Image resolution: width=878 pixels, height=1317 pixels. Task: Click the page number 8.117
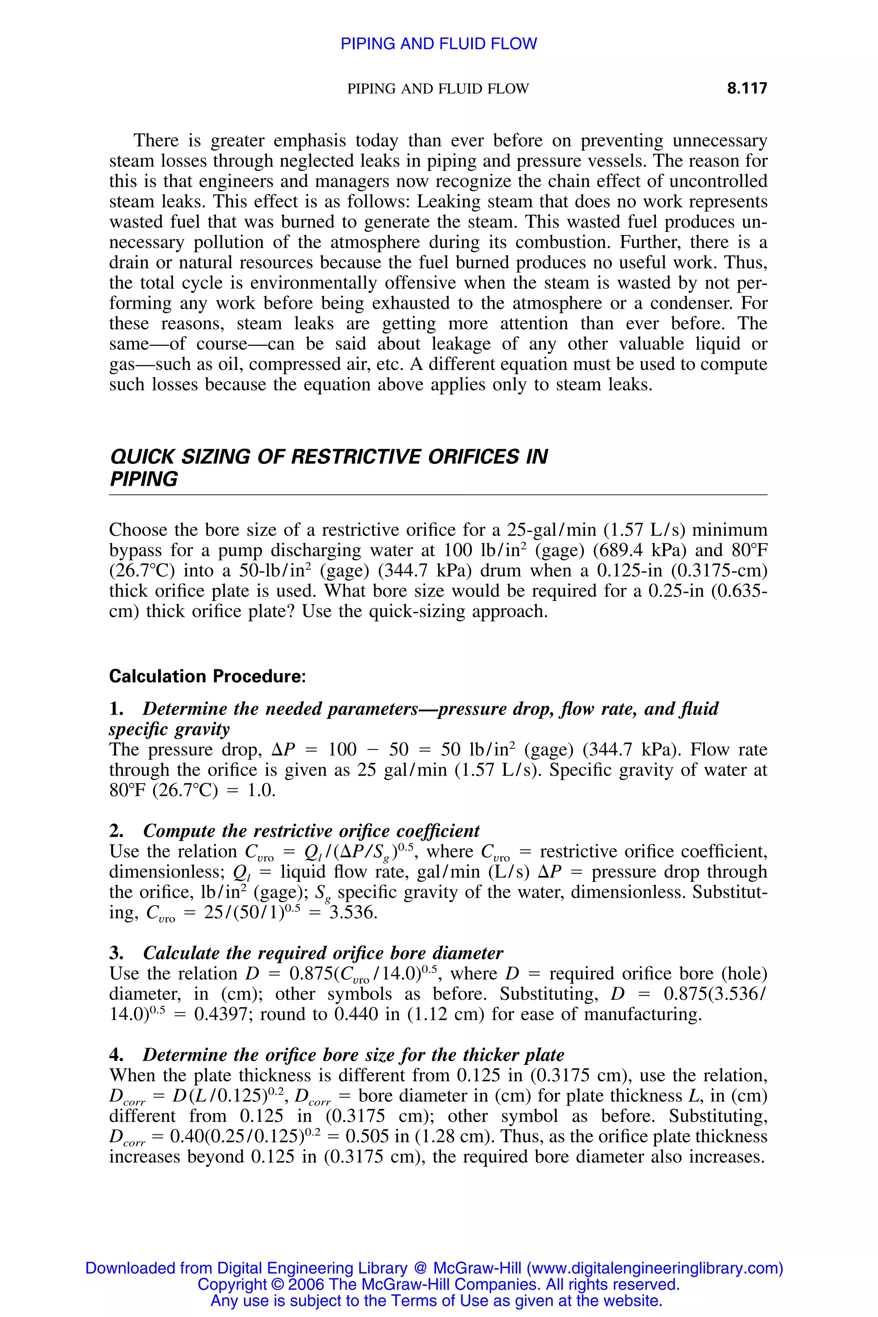tap(747, 88)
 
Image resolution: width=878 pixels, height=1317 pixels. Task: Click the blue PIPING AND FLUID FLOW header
tap(439, 44)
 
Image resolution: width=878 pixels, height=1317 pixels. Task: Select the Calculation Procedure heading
tap(207, 677)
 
